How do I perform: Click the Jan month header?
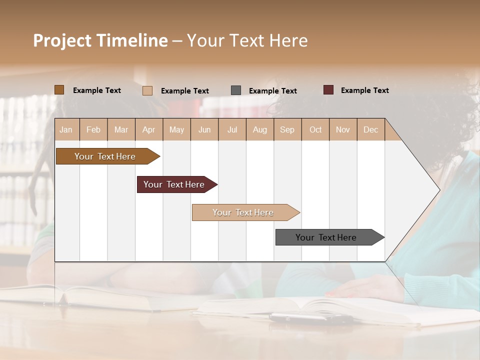(66, 129)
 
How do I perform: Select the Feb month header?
(93, 129)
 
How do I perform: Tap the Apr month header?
(149, 129)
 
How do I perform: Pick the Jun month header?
(204, 129)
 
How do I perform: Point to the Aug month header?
(260, 129)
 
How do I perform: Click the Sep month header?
(287, 129)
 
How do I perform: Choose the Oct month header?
(315, 129)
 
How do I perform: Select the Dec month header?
(371, 129)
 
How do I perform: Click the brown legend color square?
(59, 90)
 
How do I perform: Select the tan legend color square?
(147, 90)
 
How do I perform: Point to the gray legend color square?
(236, 90)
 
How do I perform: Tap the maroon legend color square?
(328, 90)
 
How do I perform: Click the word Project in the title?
(62, 41)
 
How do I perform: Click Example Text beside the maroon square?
(364, 90)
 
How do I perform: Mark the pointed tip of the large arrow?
(439, 190)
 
